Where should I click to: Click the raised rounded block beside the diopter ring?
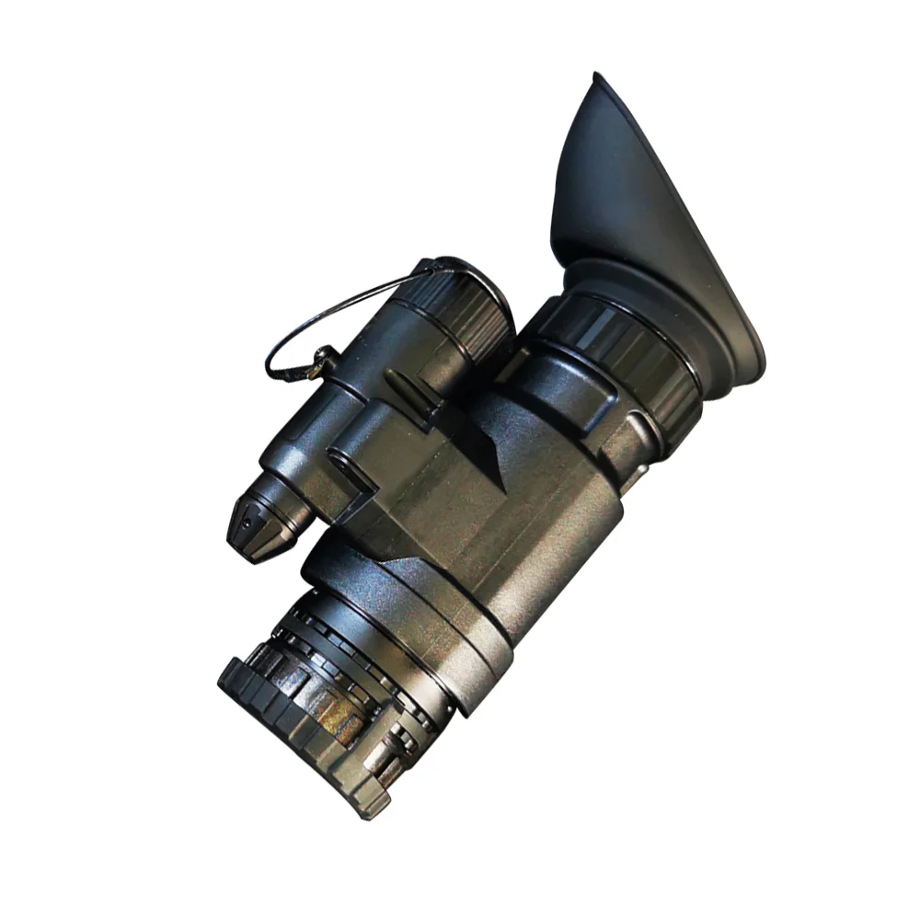tap(552, 386)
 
